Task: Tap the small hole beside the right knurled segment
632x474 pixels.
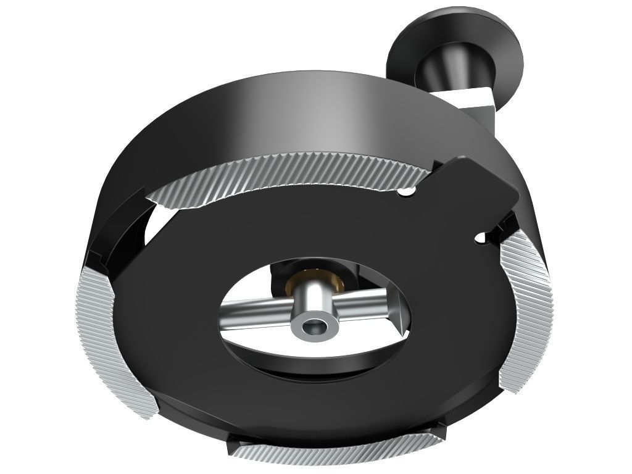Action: click(481, 237)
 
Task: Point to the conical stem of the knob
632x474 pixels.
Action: click(439, 71)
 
